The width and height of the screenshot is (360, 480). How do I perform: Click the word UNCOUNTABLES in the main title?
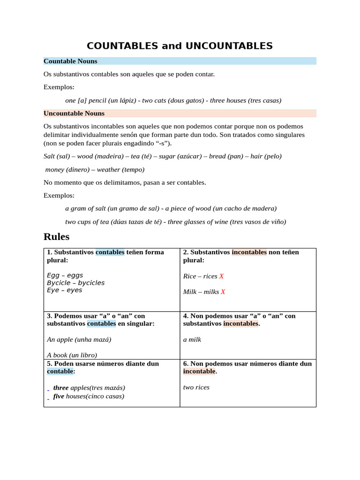[x=229, y=46]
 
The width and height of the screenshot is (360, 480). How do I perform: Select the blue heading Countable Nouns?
[x=70, y=61]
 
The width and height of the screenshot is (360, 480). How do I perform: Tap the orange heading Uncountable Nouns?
[x=74, y=113]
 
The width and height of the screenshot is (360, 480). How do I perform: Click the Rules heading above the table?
[x=56, y=236]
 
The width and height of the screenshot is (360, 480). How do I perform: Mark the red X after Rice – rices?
[x=222, y=277]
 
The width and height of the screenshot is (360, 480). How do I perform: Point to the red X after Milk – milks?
[x=223, y=292]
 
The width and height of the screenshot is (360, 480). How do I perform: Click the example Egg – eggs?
[x=65, y=276]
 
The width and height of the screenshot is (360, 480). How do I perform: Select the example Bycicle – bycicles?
[x=75, y=283]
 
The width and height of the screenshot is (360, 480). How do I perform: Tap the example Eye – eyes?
[x=64, y=290]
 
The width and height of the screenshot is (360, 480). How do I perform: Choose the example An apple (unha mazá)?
[x=79, y=339]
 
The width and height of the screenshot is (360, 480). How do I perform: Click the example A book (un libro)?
[x=72, y=355]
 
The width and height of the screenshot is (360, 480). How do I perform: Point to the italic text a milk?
[x=192, y=339]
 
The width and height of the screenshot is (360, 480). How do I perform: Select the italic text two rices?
[x=196, y=387]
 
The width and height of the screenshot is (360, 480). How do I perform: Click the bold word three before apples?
[x=61, y=388]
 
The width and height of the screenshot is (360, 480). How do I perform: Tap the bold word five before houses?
[x=59, y=396]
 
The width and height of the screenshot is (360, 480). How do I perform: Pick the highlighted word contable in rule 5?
[x=60, y=371]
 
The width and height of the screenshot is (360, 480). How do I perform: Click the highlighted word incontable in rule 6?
[x=199, y=371]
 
